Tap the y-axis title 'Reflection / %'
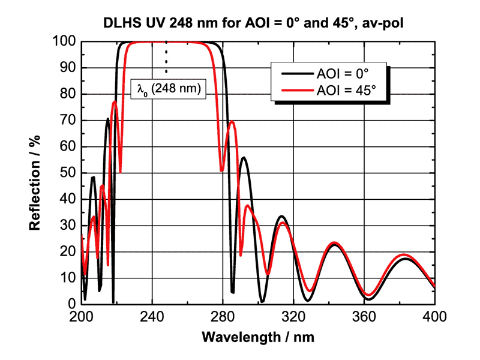(x=35, y=172)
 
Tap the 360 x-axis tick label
(x=364, y=316)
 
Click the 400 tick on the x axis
(x=434, y=316)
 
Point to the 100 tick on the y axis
(x=64, y=42)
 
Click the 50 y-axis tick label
(x=67, y=173)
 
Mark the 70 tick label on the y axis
(x=67, y=121)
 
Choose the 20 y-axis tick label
(x=67, y=251)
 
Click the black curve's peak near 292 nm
(x=244, y=158)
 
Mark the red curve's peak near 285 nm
(x=232, y=122)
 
